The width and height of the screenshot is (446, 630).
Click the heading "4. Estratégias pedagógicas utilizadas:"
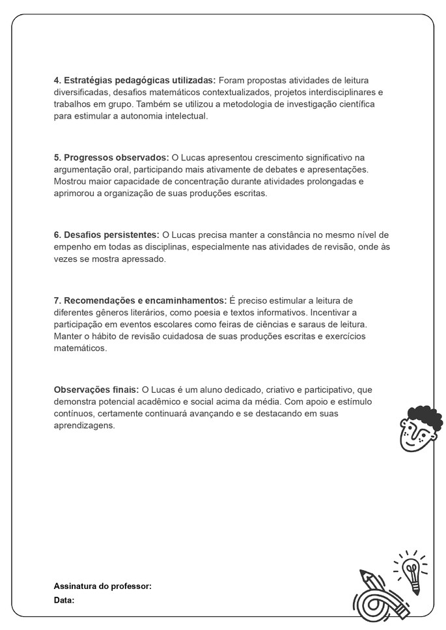point(135,80)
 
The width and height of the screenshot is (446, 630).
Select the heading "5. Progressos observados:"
point(111,158)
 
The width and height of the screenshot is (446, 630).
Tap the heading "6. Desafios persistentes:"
point(107,235)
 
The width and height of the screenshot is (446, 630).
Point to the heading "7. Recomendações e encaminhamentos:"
point(140,300)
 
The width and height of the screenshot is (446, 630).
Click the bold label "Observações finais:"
point(96,390)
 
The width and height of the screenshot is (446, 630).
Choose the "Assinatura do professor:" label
point(103,586)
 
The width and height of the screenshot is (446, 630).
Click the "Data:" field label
point(64,600)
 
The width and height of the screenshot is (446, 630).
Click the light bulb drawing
point(410,570)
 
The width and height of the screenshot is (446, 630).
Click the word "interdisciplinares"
point(341,93)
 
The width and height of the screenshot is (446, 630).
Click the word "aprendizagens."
point(84,425)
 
